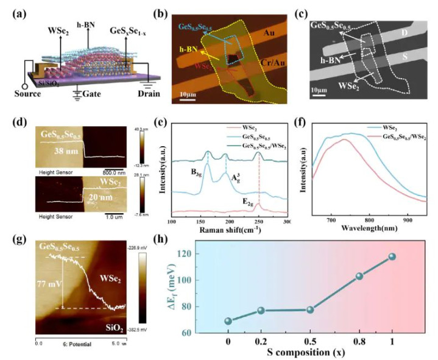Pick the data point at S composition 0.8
point(359,276)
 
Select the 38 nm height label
point(52,150)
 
